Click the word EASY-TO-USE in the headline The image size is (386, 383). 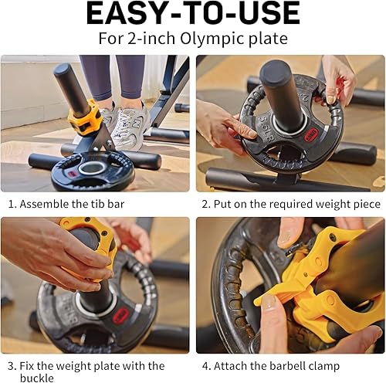192,13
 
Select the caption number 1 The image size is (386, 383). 12,204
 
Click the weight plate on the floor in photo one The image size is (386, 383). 92,171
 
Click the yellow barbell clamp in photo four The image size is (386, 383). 317,293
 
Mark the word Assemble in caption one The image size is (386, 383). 46,204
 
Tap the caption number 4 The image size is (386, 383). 205,365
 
